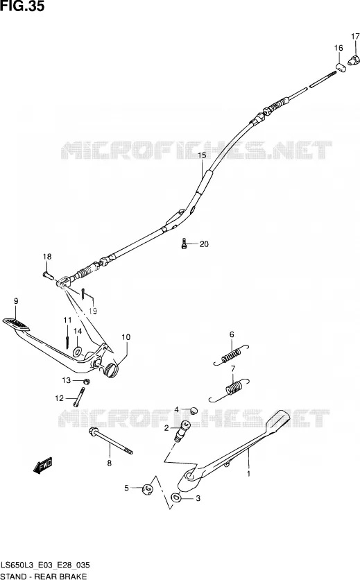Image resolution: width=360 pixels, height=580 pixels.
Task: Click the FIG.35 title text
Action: coord(22,6)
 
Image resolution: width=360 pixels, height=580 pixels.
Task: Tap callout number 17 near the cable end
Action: coord(355,37)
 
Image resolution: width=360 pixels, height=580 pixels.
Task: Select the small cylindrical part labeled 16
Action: coord(341,67)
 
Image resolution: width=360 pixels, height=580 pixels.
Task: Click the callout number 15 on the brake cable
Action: coord(202,155)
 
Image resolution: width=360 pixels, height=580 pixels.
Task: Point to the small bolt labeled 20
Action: coord(184,244)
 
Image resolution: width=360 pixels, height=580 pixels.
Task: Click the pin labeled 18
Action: coord(49,276)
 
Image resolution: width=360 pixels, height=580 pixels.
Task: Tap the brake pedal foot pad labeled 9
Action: coord(15,323)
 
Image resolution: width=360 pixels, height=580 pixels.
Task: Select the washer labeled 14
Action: coord(77,350)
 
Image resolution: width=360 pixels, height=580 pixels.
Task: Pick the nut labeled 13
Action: coord(85,381)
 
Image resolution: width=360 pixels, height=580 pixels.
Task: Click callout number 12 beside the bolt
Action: coord(60,398)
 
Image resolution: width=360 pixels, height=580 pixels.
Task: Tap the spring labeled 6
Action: coord(231,355)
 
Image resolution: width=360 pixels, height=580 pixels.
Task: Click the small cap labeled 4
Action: coord(193,410)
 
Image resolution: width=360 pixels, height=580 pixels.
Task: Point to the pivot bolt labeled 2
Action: coord(182,431)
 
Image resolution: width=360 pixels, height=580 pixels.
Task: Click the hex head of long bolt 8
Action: coord(93,432)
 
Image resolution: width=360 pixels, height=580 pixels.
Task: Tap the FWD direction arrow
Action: coord(43,466)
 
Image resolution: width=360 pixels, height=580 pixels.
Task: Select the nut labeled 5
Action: coord(148,489)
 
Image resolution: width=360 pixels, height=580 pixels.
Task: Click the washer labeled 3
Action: coord(176,498)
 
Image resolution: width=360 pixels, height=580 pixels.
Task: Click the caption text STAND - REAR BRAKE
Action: coord(44,576)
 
